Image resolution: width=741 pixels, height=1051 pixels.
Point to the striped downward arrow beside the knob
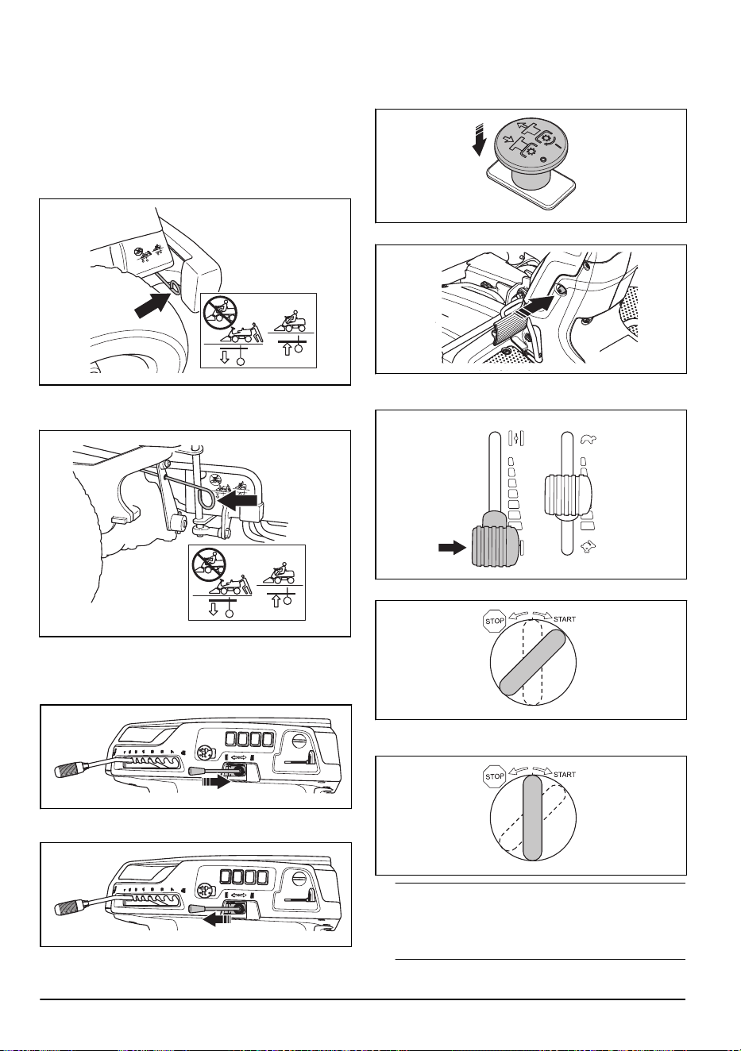pos(478,141)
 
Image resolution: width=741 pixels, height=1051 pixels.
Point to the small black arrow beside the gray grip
pos(452,548)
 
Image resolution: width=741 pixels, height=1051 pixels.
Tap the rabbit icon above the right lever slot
pos(589,439)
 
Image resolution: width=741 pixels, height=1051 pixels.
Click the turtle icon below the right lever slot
pos(587,546)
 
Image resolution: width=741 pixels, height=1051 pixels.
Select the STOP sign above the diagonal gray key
pos(495,621)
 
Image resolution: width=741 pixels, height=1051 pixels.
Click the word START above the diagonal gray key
pos(564,619)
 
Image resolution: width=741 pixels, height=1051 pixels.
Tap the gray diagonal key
pos(532,663)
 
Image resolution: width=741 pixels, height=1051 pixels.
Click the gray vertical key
pos(532,818)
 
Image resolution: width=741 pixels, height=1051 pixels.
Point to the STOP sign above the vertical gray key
pos(495,776)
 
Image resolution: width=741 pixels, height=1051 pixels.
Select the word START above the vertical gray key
pos(564,775)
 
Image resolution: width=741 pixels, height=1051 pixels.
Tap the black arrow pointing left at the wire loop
pos(237,501)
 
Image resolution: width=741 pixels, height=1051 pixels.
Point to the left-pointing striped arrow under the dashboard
pos(218,920)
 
